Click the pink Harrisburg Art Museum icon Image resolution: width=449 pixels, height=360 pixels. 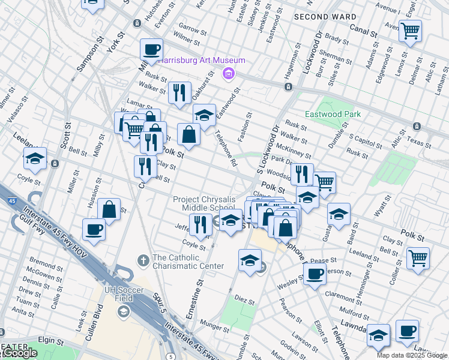point(228,74)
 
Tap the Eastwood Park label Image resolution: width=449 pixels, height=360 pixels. point(333,114)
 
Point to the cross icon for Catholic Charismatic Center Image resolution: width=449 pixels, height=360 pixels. point(142,260)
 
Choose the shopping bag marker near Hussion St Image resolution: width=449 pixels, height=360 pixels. point(109,210)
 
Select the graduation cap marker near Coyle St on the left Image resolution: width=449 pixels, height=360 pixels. point(35,159)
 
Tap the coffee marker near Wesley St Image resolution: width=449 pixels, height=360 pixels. point(315,274)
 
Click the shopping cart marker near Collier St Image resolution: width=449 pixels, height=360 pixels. point(418,259)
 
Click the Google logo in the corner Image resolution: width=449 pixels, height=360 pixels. point(19,353)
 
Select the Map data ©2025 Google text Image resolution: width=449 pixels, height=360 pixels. point(411,355)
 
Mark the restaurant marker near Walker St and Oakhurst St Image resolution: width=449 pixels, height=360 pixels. point(179,92)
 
